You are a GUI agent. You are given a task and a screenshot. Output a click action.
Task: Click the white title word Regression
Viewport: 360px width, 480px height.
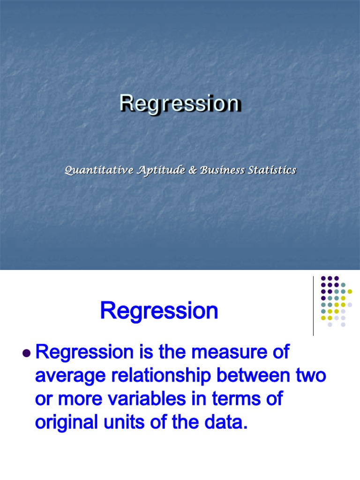pyautogui.click(x=180, y=104)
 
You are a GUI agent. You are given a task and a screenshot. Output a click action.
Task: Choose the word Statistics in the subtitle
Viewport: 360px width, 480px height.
pyautogui.click(x=273, y=171)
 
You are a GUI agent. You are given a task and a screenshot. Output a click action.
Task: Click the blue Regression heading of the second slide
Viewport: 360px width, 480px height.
pyautogui.click(x=159, y=311)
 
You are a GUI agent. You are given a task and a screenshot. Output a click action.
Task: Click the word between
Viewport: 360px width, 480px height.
pyautogui.click(x=269, y=376)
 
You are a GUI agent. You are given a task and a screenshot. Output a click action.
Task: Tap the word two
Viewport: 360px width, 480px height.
pyautogui.click(x=313, y=376)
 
